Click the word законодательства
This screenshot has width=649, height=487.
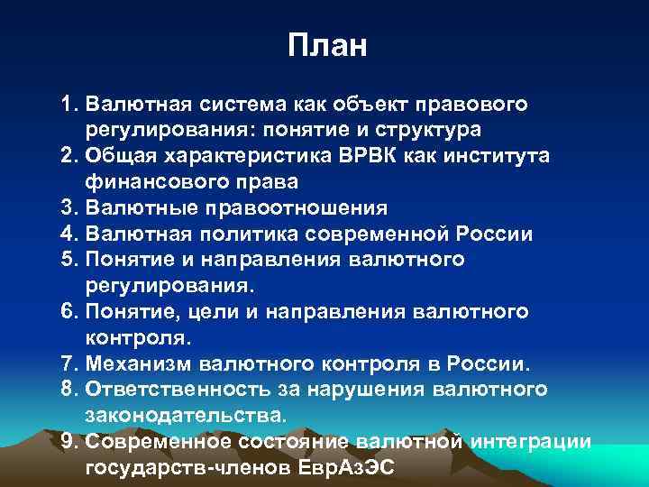click(x=184, y=416)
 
